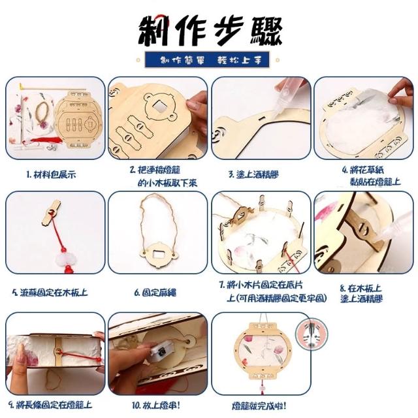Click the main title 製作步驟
coord(210,31)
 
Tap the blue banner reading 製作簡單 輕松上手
coord(207,59)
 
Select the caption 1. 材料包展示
coord(51,175)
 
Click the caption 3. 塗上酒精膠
coord(254,175)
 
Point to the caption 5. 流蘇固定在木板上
coord(50,293)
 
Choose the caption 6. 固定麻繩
coord(155,293)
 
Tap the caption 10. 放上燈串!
coord(156,406)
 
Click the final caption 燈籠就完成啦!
coord(259,406)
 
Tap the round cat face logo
coord(312,334)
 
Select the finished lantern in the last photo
coord(263,350)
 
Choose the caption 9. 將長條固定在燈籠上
coord(50,406)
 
